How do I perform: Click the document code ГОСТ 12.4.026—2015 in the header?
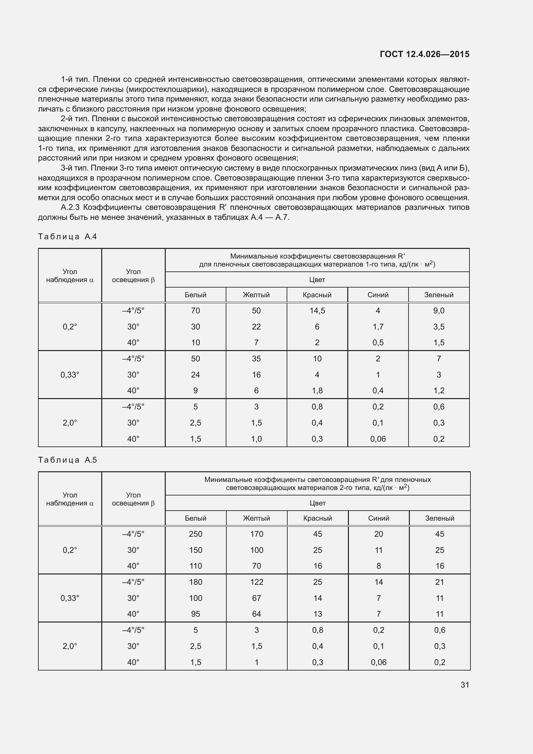[424, 54]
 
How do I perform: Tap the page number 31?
[465, 685]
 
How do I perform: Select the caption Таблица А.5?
[67, 460]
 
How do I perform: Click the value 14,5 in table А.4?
[317, 311]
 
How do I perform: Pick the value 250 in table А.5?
[195, 534]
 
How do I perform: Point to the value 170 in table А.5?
[256, 534]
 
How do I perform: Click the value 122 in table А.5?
[256, 582]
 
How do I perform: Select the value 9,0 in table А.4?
[439, 311]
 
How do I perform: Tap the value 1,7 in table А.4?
[378, 327]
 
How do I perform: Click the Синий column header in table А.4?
[378, 295]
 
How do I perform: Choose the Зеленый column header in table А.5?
[439, 518]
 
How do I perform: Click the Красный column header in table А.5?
[318, 518]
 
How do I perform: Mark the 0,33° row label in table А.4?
[70, 375]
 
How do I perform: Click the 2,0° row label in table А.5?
[70, 646]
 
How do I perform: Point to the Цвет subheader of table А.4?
[317, 280]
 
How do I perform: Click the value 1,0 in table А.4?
[256, 439]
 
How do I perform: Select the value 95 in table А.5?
[195, 614]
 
